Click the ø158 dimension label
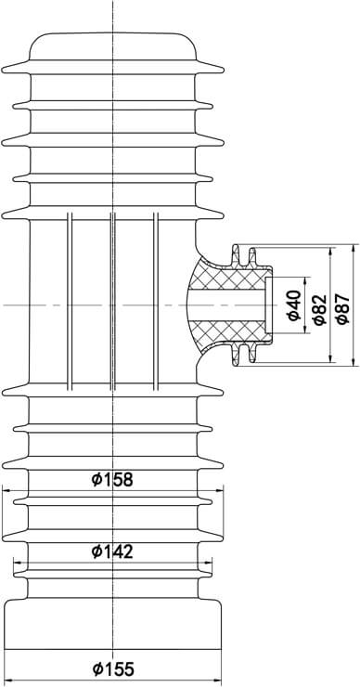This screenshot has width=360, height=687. pyautogui.click(x=113, y=479)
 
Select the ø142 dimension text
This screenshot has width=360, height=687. pyautogui.click(x=113, y=551)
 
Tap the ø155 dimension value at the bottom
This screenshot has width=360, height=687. pyautogui.click(x=113, y=668)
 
